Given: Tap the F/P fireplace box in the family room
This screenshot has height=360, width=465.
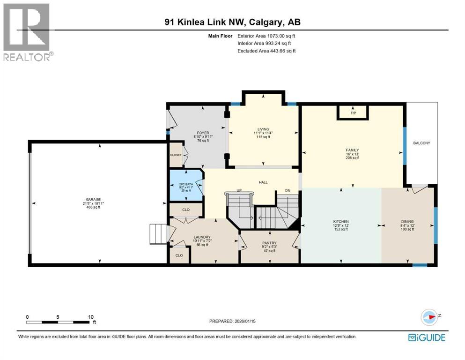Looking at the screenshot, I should [353, 113].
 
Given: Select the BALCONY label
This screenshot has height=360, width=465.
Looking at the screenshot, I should [421, 143].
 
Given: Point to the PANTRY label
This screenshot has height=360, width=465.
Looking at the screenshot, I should [269, 243].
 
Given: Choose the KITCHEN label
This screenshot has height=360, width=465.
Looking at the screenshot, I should [341, 221].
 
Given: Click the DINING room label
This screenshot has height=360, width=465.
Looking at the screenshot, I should [407, 222].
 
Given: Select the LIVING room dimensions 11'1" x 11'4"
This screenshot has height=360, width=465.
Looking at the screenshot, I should [263, 133].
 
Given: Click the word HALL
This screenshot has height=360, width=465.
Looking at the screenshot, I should [263, 182].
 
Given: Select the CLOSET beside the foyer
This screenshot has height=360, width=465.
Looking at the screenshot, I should [176, 154].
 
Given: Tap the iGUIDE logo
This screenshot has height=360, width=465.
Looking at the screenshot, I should [427, 337].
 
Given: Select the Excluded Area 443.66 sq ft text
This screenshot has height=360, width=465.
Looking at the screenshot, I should [266, 51].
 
